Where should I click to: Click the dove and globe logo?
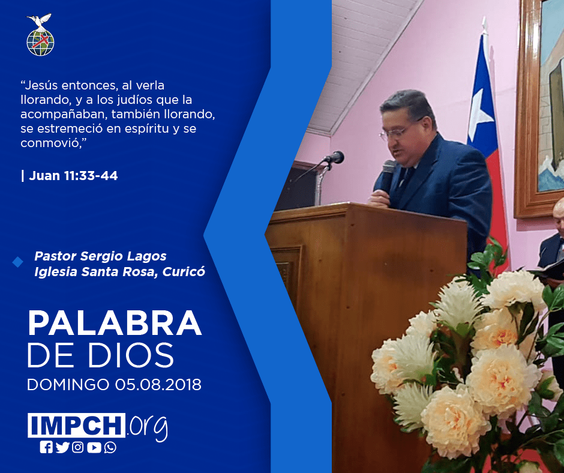[x=40, y=35]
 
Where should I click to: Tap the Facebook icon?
[x=46, y=447]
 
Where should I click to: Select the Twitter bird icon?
[x=62, y=447]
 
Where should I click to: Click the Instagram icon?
[x=77, y=447]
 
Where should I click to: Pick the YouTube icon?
[x=94, y=447]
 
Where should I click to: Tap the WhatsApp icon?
[x=110, y=447]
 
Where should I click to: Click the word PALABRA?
[x=115, y=324]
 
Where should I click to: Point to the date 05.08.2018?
[x=158, y=384]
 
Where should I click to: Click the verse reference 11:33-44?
[x=91, y=176]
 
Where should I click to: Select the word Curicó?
[x=184, y=271]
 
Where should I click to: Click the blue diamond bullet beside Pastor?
[x=17, y=262]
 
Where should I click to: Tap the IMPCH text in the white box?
[x=76, y=425]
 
